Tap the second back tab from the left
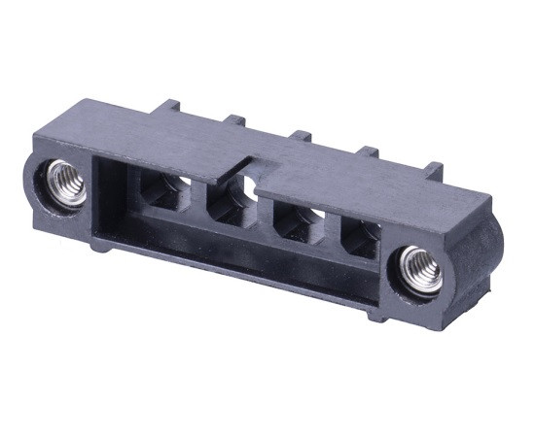(233, 120)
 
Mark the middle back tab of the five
(301, 135)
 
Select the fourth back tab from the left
(369, 151)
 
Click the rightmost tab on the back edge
(432, 170)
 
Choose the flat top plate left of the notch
(175, 141)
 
